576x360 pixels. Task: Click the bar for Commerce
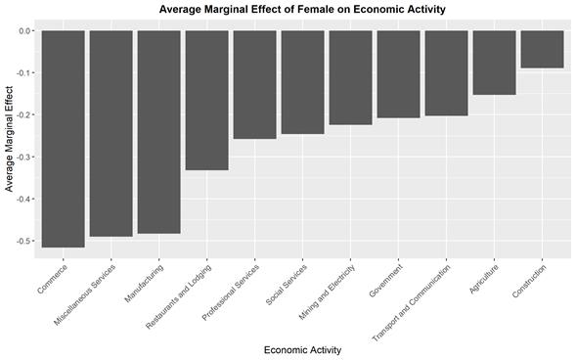[63, 138]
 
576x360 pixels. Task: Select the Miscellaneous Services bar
[111, 133]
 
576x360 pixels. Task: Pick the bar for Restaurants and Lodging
[206, 100]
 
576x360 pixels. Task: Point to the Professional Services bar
[254, 84]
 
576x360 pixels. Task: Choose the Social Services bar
[302, 82]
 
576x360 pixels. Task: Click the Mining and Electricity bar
[350, 77]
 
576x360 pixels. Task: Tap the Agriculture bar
[494, 63]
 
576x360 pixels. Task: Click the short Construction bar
[542, 49]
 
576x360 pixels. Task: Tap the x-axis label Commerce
[52, 279]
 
